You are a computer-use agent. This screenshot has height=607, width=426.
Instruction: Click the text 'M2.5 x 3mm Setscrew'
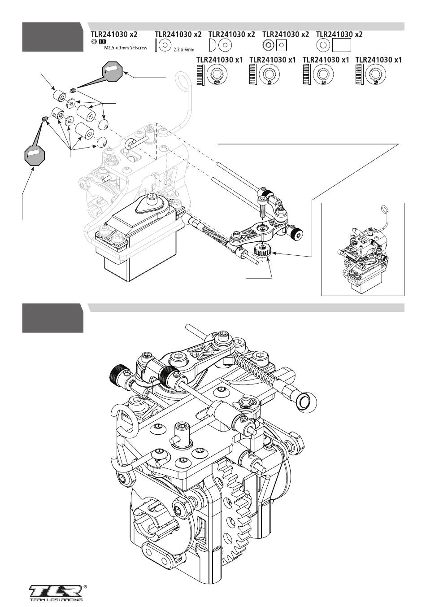coord(122,47)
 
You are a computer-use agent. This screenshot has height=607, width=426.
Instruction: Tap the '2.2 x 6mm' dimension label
coord(183,49)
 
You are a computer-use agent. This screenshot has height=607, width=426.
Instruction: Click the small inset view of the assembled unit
coord(363,249)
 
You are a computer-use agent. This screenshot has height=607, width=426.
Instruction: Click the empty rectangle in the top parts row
coord(342,45)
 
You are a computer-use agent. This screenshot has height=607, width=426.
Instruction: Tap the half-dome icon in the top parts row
coord(213,45)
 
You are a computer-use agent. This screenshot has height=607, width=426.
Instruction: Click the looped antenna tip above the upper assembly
coord(183,81)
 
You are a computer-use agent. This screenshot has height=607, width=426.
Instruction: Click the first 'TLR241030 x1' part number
coord(220,60)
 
